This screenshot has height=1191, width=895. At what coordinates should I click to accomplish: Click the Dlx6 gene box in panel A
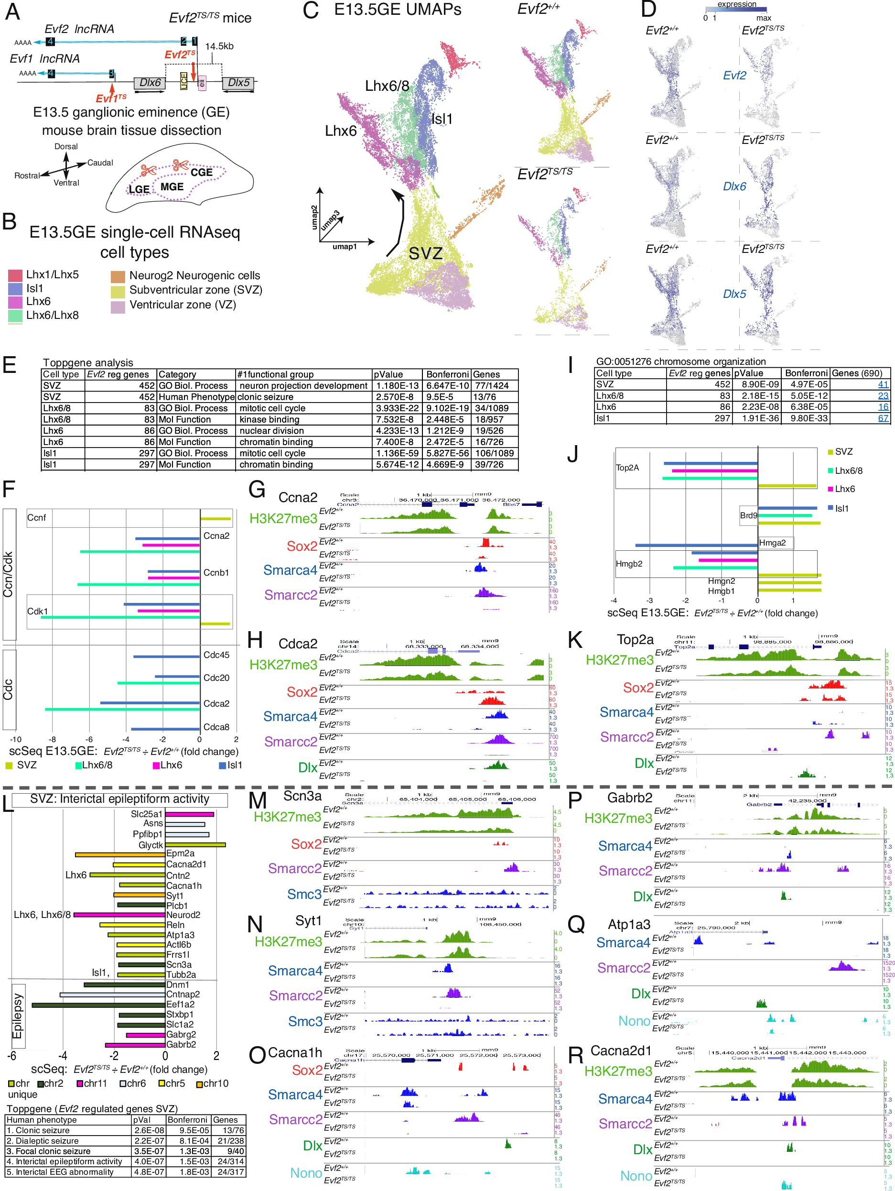[150, 83]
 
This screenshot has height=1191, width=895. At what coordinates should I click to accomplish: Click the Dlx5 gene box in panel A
[238, 83]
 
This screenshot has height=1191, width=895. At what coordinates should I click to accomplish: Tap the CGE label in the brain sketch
[201, 173]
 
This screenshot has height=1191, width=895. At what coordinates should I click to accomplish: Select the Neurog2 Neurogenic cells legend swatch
[118, 277]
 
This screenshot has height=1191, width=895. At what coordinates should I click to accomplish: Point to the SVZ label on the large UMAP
[425, 253]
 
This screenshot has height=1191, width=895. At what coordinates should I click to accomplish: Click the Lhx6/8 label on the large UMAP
[387, 86]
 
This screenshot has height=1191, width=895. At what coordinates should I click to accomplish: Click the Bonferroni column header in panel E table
[446, 375]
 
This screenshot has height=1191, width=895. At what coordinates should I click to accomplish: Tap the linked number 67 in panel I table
[883, 418]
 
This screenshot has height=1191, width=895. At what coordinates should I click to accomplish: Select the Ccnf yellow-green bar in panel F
[216, 519]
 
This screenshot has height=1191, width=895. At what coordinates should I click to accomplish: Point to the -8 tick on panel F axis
[52, 740]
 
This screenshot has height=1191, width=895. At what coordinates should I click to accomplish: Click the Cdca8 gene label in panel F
[216, 727]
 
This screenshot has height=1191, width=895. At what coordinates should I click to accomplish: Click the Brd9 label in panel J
[748, 516]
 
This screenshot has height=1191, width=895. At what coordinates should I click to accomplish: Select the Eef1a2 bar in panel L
[98, 1005]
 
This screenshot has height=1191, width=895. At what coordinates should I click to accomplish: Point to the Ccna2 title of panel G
[298, 498]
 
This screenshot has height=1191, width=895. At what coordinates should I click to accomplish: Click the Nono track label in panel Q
[634, 1021]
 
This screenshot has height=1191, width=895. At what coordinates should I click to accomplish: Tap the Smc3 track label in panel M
[304, 895]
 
